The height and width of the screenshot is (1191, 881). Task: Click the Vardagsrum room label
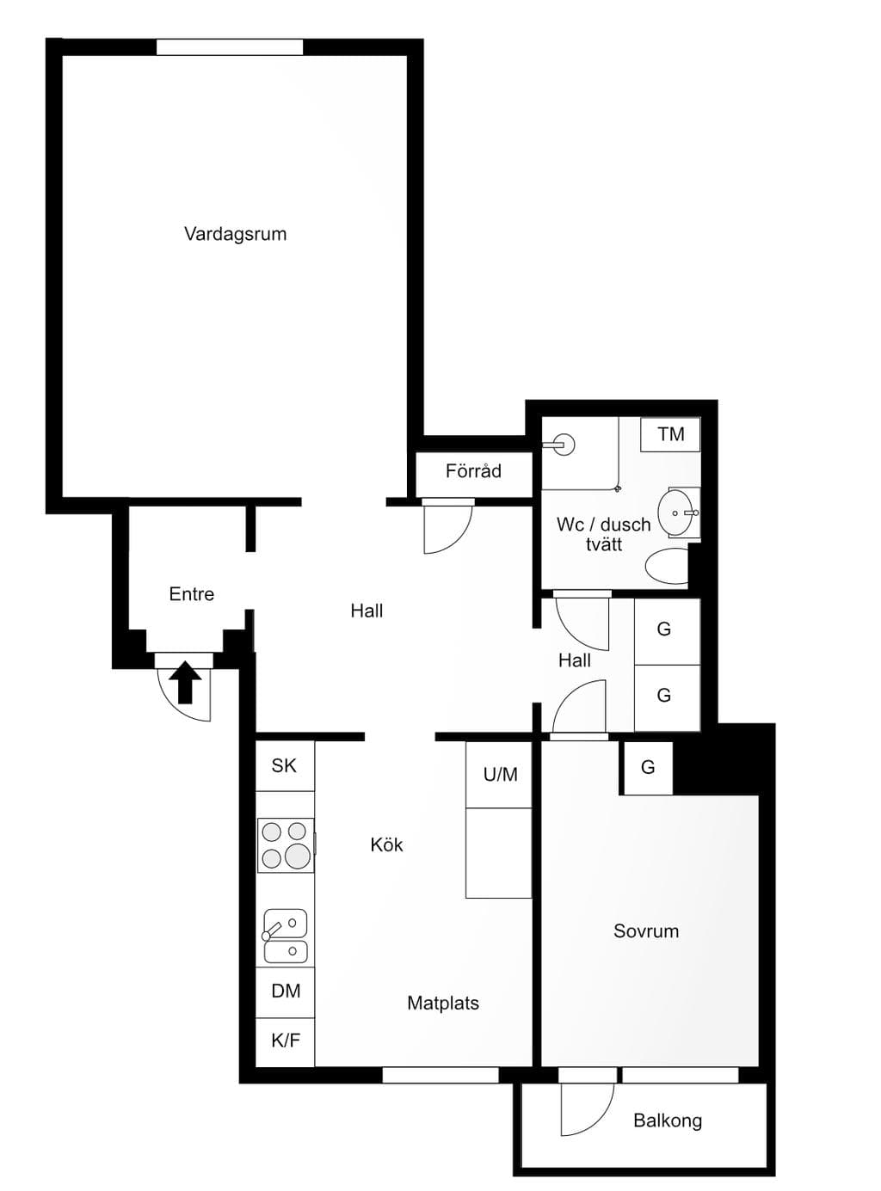(x=235, y=234)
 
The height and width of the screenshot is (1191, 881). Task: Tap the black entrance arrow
(x=185, y=682)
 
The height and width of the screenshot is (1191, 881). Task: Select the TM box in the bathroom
(x=670, y=434)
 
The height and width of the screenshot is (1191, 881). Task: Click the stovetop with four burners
(x=286, y=845)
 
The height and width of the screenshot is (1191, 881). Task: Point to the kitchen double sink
(x=286, y=936)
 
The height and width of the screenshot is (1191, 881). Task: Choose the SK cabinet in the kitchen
(x=285, y=766)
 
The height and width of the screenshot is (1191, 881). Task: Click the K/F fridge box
(x=285, y=1041)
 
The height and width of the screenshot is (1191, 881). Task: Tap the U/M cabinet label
(x=500, y=774)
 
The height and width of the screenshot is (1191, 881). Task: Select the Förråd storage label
(x=473, y=471)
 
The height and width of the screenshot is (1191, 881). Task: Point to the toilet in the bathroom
(x=667, y=567)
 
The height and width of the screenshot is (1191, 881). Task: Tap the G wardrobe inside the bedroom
(x=648, y=767)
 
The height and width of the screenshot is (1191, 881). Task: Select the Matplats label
(x=442, y=1003)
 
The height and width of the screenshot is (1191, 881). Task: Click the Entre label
(x=191, y=594)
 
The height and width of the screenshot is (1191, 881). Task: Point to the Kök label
(x=386, y=844)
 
